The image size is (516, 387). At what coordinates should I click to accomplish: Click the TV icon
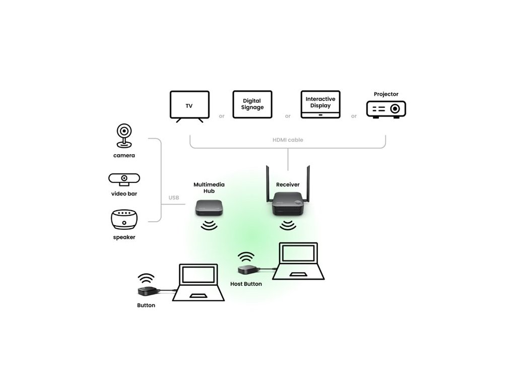[x=189, y=106]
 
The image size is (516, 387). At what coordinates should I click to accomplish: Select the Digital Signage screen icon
[x=252, y=104]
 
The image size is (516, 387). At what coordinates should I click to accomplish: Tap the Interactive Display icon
[x=320, y=104]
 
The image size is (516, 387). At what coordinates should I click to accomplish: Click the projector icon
[x=386, y=109]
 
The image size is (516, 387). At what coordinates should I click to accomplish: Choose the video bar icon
[x=124, y=179]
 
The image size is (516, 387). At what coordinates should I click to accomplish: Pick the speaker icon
[x=124, y=220]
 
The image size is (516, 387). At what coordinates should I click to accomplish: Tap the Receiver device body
[x=289, y=205]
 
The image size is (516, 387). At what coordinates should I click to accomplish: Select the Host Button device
[x=248, y=271]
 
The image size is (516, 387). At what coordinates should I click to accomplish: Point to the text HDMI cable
[x=288, y=140]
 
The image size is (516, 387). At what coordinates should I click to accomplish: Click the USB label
[x=173, y=198]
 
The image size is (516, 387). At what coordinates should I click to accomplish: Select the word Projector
[x=386, y=94]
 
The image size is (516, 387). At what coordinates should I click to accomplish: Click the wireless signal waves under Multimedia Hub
[x=209, y=225]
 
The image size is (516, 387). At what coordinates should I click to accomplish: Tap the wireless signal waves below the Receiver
[x=288, y=225]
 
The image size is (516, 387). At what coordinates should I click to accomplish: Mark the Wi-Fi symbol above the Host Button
[x=246, y=257]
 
